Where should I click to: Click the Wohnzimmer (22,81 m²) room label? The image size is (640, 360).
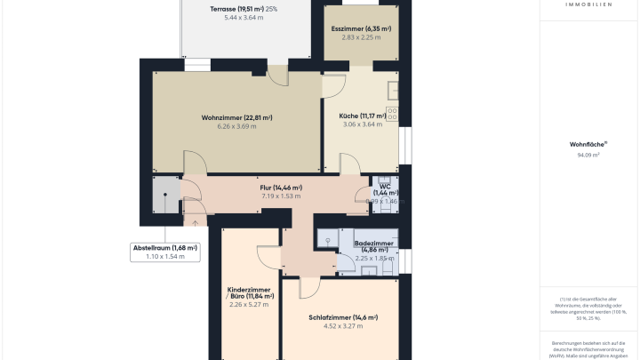(236, 117)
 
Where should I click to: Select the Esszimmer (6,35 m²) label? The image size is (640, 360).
(361, 28)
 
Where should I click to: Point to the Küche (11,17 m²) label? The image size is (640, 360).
(362, 116)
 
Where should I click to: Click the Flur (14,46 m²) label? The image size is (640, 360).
(281, 188)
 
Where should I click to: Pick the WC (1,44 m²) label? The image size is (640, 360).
(386, 189)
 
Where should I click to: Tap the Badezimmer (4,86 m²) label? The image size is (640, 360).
(371, 244)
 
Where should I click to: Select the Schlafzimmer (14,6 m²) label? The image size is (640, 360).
(343, 317)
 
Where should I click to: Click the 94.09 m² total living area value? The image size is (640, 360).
(588, 155)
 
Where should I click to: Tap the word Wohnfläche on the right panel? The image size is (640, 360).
(587, 144)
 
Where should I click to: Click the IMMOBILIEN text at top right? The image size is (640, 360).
(588, 4)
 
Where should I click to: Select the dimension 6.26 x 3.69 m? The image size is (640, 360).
(236, 126)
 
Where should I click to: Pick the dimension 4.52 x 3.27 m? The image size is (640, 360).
(343, 326)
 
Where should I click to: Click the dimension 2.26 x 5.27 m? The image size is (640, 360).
(249, 305)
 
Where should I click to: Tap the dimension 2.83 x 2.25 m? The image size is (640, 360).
(361, 37)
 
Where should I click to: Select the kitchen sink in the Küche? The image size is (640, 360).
(395, 90)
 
